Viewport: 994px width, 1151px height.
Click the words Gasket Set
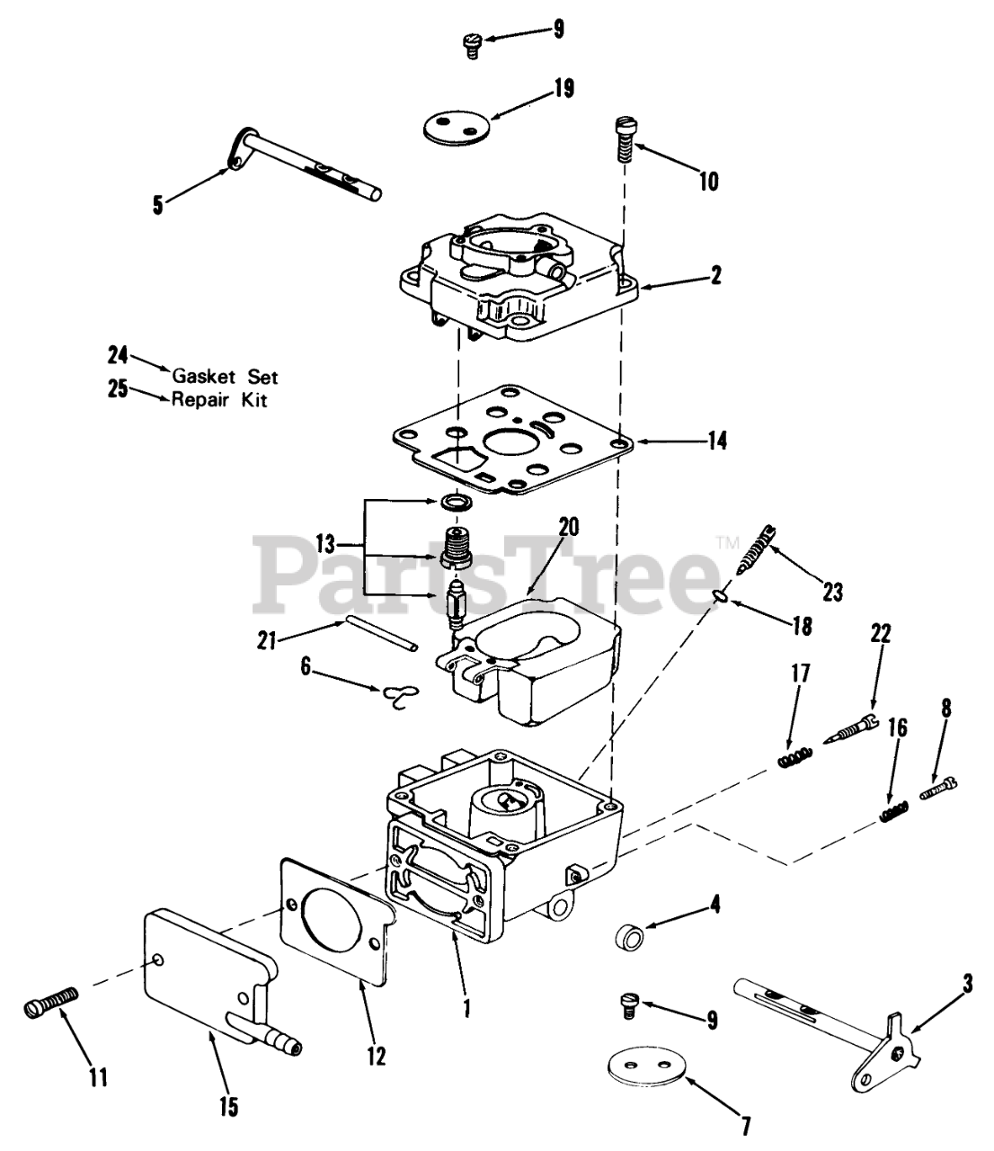pyautogui.click(x=225, y=377)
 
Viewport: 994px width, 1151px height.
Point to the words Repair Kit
pyautogui.click(x=219, y=399)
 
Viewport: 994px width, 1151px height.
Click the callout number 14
pyautogui.click(x=716, y=441)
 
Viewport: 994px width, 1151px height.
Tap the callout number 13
pyautogui.click(x=324, y=544)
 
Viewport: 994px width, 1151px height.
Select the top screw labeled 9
pyautogui.click(x=472, y=42)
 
